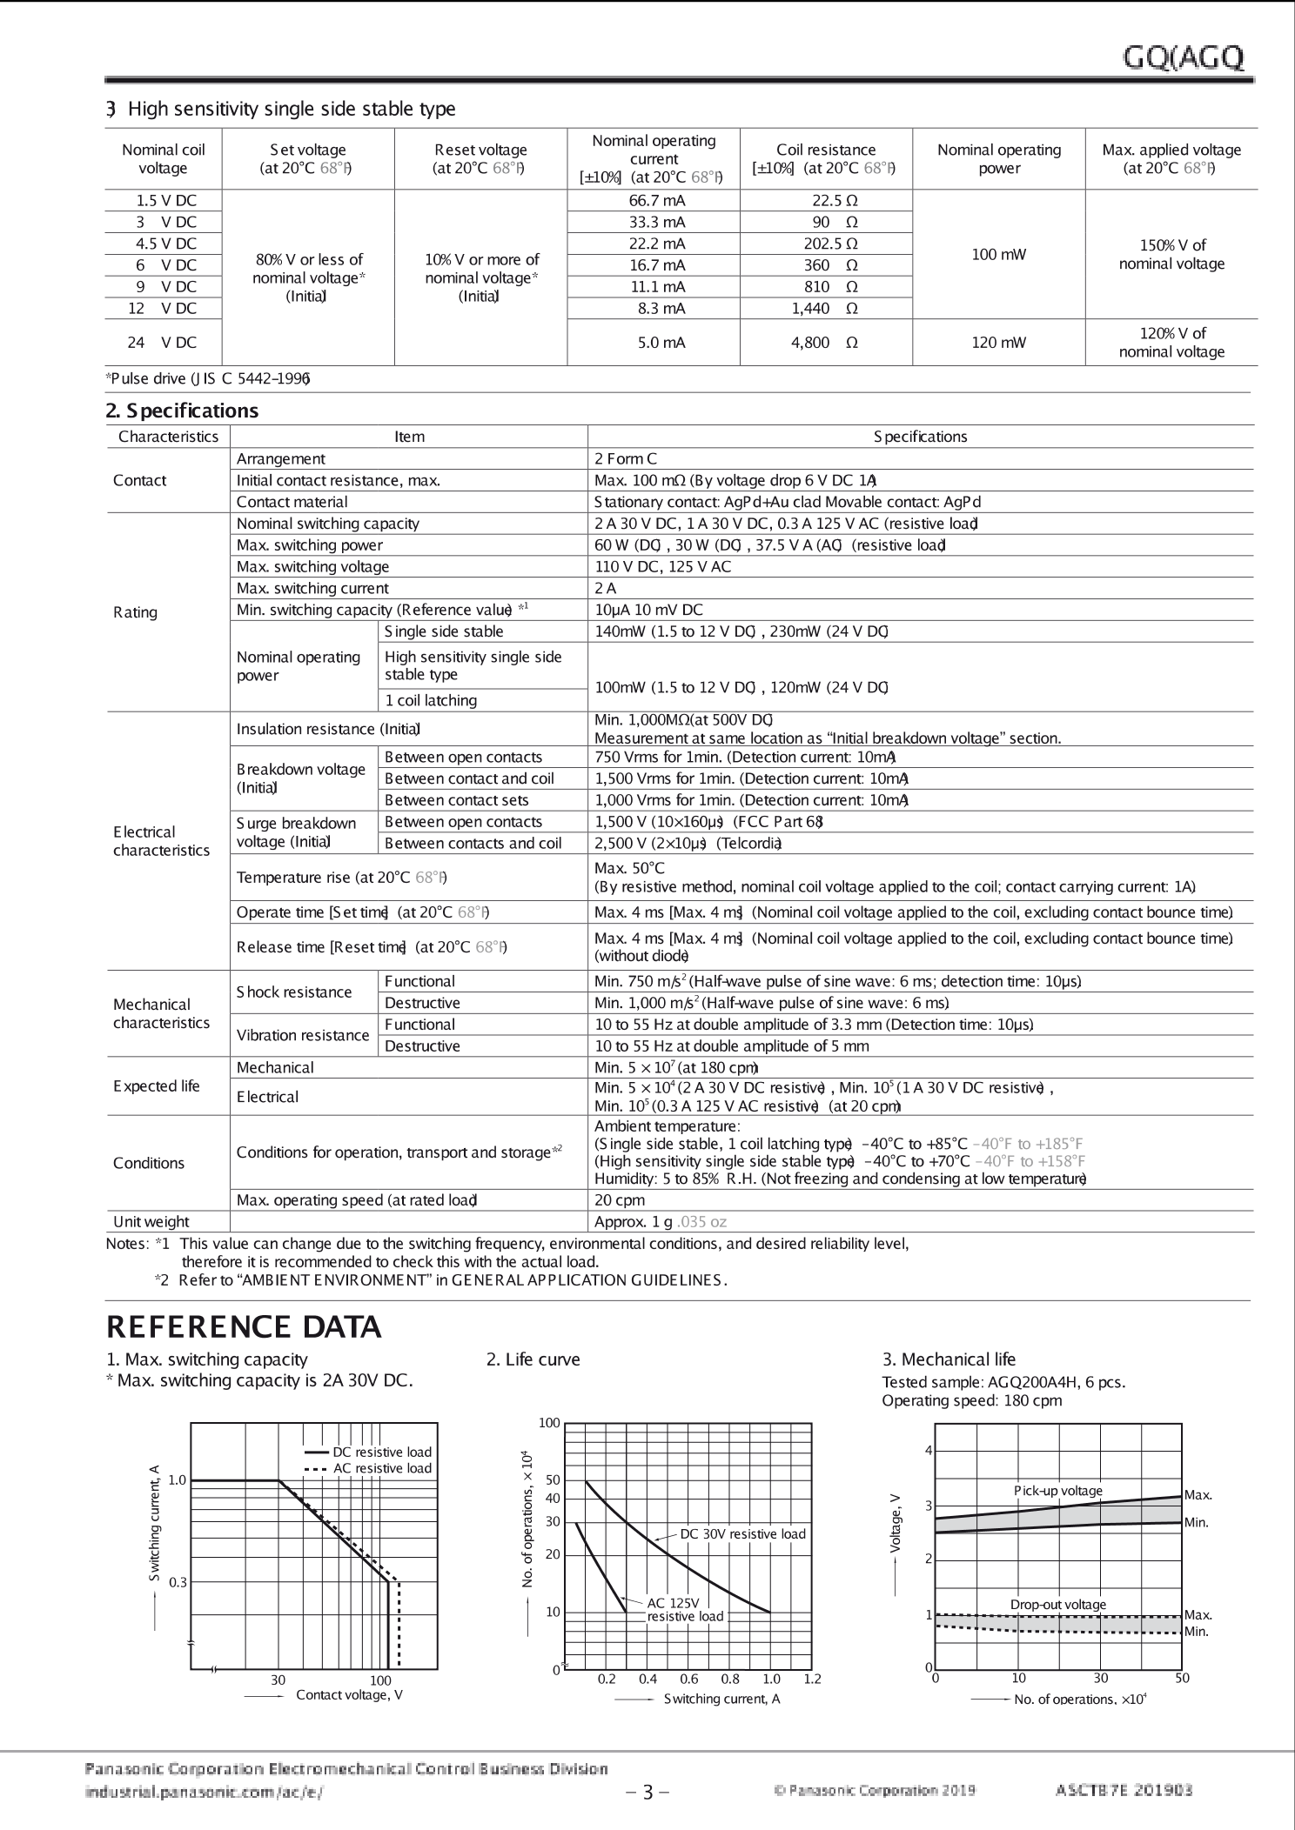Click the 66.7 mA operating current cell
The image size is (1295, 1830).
tap(653, 200)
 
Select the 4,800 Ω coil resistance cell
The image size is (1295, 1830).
tap(824, 343)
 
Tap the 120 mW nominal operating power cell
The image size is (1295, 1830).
tap(998, 343)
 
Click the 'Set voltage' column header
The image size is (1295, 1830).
tap(307, 159)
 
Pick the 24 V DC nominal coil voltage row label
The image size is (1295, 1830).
tap(163, 343)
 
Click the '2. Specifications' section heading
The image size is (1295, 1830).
tap(182, 411)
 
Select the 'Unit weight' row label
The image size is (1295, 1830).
tap(151, 1221)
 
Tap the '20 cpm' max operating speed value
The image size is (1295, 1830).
tap(620, 1199)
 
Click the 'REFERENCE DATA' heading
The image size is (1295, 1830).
tap(244, 1327)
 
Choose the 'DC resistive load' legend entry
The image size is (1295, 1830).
tap(381, 1452)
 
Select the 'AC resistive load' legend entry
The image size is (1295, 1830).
tap(381, 1468)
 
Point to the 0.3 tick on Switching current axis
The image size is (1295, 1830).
tap(178, 1582)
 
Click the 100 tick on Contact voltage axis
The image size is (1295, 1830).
tap(380, 1680)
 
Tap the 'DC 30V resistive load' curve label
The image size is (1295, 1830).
tap(742, 1533)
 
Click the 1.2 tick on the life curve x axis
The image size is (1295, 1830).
tap(812, 1679)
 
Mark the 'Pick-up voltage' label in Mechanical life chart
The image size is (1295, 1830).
tap(1057, 1491)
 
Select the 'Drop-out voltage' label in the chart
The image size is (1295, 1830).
tap(1057, 1604)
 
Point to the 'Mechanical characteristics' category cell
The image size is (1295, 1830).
tap(161, 1013)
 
